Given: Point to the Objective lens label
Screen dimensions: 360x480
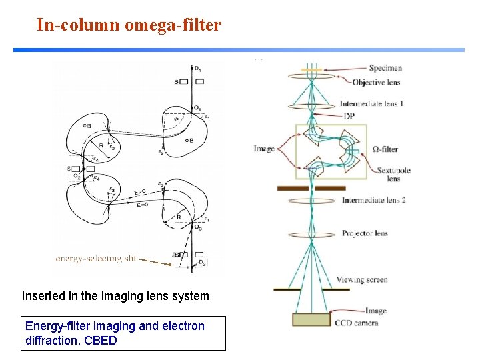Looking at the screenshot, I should pos(376,82).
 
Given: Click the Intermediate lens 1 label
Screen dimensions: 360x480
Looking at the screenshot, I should pos(371,103).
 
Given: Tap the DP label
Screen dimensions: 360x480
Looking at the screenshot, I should pos(349,116).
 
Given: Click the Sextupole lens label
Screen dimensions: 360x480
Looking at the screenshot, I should pos(393,174).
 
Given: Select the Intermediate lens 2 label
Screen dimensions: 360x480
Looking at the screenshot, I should pos(373,200).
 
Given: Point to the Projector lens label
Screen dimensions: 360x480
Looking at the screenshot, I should pos(365,233).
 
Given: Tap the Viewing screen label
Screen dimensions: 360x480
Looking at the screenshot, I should pos(362,280).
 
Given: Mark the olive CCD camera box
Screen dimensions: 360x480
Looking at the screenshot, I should pos(311,319).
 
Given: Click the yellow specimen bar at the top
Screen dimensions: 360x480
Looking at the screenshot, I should pos(311,69).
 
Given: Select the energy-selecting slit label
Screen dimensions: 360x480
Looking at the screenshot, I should pos(97,259).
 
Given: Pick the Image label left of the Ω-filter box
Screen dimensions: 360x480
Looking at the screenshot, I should pos(264,148).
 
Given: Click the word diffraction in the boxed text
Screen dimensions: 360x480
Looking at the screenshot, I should pos(49,341).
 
